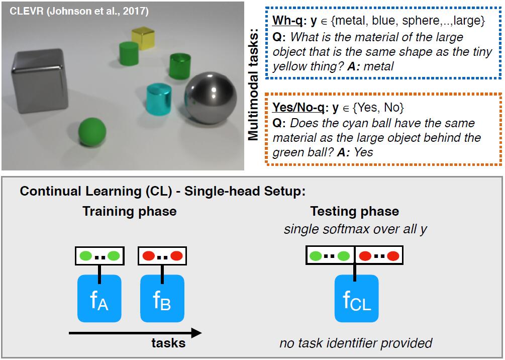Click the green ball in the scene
(92, 133)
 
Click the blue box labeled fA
(99, 298)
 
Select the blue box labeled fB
(162, 298)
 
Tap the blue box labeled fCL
(356, 298)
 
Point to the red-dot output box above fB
(162, 255)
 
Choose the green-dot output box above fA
(99, 255)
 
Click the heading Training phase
(129, 211)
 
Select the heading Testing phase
(354, 211)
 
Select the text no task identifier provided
(356, 343)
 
